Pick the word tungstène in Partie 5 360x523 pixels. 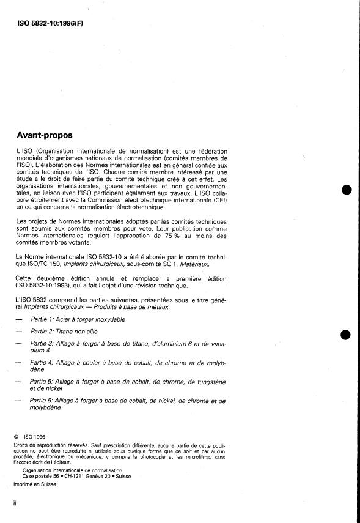point(208,382)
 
